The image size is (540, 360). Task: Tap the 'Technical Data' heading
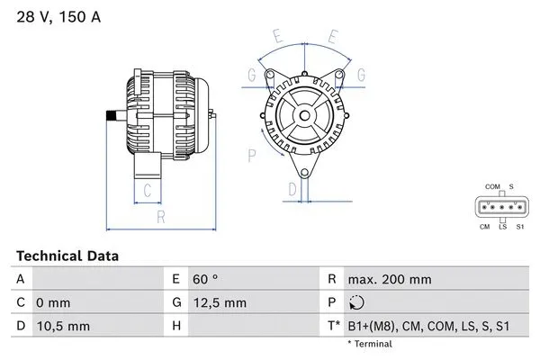click(67, 256)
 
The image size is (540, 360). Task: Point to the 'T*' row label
click(335, 327)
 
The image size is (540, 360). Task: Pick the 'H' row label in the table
click(176, 327)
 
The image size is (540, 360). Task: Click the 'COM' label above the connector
click(492, 186)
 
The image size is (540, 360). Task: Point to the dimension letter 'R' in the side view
click(159, 217)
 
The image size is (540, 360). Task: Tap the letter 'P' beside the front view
click(251, 154)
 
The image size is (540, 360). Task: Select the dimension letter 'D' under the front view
click(292, 189)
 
